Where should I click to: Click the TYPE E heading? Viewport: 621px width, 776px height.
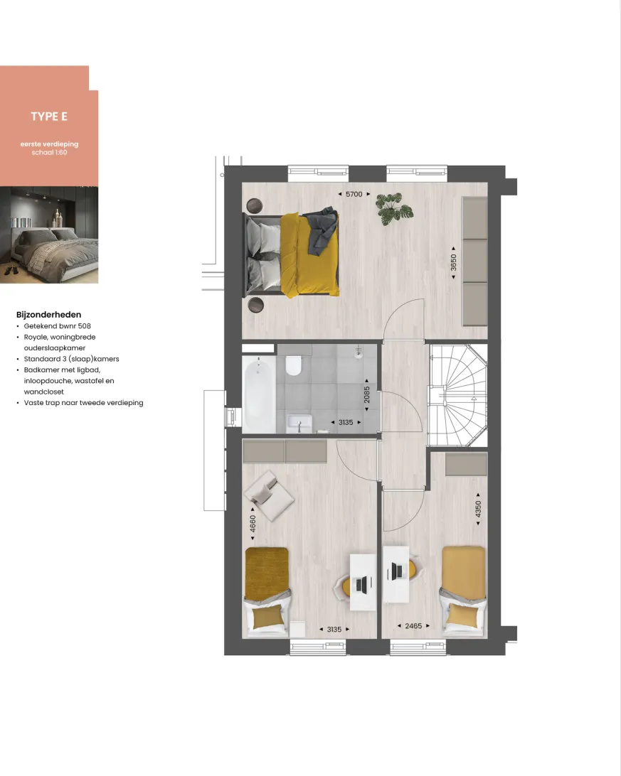point(49,117)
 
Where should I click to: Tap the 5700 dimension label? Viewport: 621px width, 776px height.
point(354,194)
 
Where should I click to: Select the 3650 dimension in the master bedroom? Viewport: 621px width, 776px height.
point(453,262)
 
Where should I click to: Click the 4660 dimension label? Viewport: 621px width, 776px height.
point(253,524)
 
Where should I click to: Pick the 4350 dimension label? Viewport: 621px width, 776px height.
point(478,510)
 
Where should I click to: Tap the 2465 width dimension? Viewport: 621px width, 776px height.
point(413,626)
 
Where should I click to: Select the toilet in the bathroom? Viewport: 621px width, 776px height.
point(294,365)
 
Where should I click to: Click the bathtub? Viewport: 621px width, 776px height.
point(259,393)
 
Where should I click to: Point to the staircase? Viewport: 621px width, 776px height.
point(458,395)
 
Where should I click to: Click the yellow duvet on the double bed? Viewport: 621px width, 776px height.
point(309,255)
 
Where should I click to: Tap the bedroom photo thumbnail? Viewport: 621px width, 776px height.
point(49,235)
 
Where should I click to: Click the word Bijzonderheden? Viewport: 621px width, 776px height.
point(48,315)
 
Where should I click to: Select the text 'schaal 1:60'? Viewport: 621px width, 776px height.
point(49,152)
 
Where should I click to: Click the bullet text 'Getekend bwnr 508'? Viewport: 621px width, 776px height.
point(57,326)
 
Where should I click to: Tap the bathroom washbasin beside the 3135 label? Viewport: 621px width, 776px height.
point(299,423)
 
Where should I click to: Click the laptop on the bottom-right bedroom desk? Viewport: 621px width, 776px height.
point(397,571)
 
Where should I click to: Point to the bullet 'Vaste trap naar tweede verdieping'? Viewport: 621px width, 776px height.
point(83,403)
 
